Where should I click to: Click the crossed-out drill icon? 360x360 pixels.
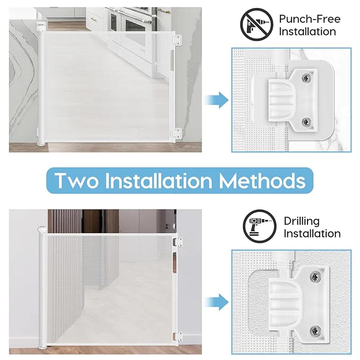click(x=257, y=24)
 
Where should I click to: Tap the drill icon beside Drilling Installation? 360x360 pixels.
click(x=260, y=226)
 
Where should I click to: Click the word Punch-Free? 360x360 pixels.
click(x=310, y=19)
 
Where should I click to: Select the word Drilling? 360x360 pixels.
click(x=302, y=222)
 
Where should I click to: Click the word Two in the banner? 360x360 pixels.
click(x=77, y=181)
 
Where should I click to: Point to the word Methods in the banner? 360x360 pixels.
click(x=262, y=180)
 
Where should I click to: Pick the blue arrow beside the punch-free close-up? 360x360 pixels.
click(x=216, y=100)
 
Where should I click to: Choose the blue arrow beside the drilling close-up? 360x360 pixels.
click(x=216, y=302)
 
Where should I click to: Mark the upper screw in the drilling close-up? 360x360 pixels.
click(x=316, y=277)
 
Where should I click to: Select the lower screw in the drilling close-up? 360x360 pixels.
click(x=316, y=331)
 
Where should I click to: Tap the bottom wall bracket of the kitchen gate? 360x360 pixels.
click(x=177, y=134)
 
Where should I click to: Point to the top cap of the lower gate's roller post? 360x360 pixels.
click(x=41, y=230)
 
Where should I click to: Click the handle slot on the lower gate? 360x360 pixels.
click(x=175, y=262)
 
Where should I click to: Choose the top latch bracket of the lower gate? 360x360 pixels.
click(x=178, y=242)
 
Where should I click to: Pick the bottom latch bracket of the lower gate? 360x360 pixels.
click(x=178, y=336)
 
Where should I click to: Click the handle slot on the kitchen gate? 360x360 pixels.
click(x=172, y=60)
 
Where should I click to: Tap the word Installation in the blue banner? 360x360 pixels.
click(x=159, y=181)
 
